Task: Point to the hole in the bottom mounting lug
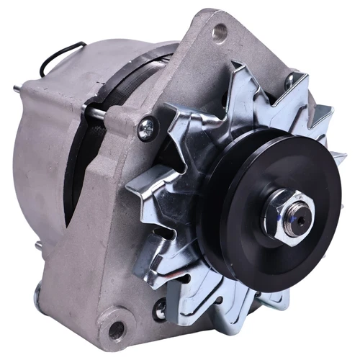116,330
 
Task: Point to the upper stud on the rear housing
17,89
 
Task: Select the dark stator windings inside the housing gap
79,173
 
